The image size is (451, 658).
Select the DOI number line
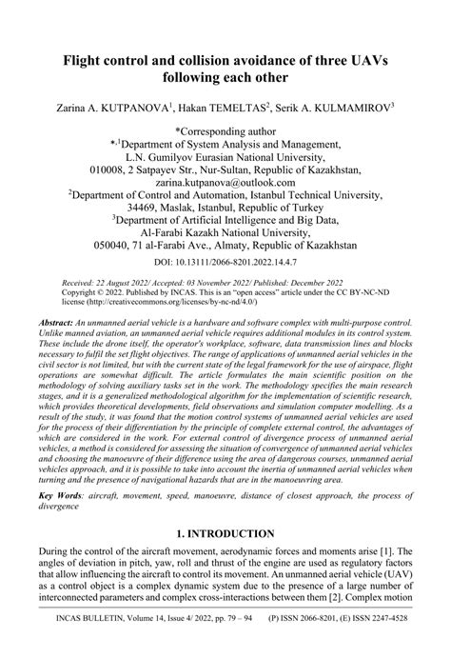click(x=225, y=258)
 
